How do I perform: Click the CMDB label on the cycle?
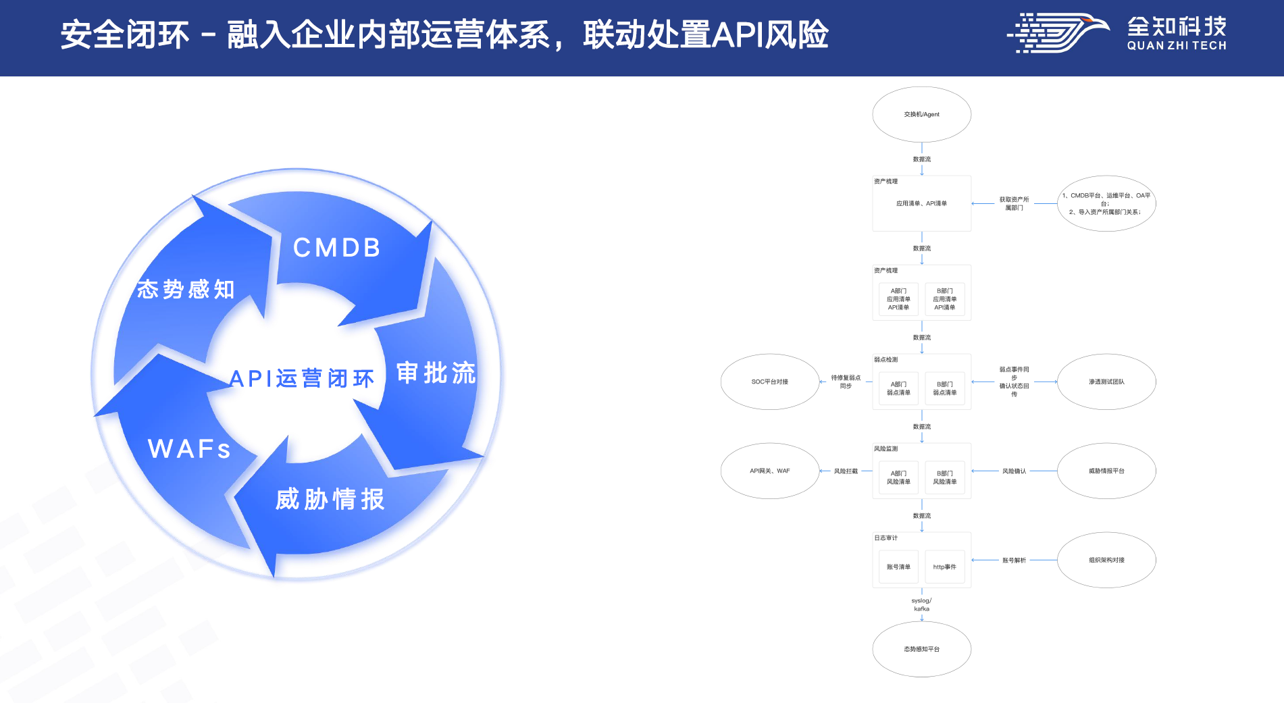point(336,248)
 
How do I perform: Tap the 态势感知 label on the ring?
point(186,289)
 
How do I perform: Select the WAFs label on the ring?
point(189,449)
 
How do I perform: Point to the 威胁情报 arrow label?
point(330,499)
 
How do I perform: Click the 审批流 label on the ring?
point(436,373)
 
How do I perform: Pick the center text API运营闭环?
point(301,378)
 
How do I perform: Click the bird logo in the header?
point(1058,32)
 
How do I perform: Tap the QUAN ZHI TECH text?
point(1177,46)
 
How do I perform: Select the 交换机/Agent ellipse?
point(921,114)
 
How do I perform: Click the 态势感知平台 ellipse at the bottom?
point(921,649)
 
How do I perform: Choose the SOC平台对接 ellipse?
point(769,382)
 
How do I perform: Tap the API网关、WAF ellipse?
point(769,471)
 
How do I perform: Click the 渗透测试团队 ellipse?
point(1106,382)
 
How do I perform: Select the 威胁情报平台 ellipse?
point(1106,471)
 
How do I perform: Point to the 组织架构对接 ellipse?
point(1106,560)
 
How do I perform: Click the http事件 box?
point(944,567)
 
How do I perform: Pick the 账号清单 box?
point(898,567)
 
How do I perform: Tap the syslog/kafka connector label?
point(921,604)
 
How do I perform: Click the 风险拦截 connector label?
point(845,471)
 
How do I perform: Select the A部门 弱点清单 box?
point(898,388)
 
